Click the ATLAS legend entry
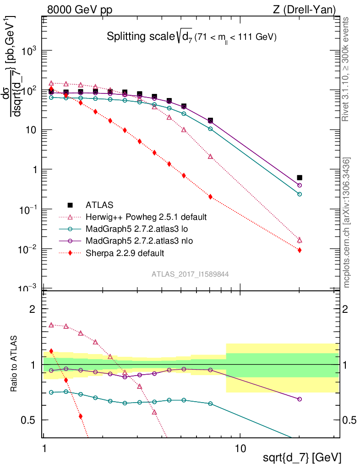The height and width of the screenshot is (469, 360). click(99, 204)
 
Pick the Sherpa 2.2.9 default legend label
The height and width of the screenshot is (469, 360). click(125, 252)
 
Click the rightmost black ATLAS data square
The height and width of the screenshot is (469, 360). click(300, 177)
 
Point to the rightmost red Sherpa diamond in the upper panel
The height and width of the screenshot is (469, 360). click(300, 250)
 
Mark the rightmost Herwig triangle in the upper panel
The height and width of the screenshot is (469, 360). click(300, 240)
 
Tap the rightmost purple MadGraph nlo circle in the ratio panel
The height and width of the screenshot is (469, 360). click(300, 399)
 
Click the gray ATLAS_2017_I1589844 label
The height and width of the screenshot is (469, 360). click(190, 274)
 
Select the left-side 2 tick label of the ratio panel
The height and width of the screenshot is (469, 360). click(32, 309)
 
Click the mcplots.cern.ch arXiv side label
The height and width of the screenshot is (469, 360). click(347, 223)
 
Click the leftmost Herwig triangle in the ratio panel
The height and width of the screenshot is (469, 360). click(51, 325)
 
